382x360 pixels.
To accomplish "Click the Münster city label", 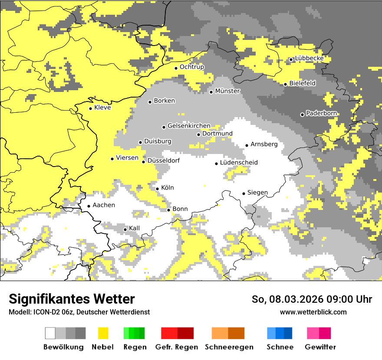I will [227, 91].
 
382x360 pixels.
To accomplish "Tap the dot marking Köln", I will [158, 189].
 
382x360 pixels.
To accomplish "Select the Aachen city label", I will [104, 205].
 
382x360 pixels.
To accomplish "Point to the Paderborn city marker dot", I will [302, 115].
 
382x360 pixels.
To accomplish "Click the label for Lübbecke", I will [309, 59].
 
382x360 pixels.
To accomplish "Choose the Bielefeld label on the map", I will [302, 83].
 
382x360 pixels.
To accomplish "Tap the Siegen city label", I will [257, 193].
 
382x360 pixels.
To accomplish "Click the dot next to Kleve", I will [90, 108].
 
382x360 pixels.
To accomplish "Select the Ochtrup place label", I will [192, 67].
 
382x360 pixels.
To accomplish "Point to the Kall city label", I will [134, 228].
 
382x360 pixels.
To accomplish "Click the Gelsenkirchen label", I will [189, 126].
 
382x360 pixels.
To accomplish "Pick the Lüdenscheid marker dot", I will [216, 164].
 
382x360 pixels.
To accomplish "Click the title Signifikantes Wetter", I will [72, 299].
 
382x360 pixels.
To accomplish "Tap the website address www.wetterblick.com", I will [313, 312].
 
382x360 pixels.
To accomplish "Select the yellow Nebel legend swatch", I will [103, 333].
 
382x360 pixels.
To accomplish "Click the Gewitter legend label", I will [320, 347].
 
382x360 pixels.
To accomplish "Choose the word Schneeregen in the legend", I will [228, 347].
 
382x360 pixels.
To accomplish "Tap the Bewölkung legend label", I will [63, 347].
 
